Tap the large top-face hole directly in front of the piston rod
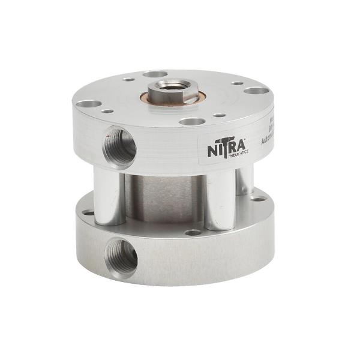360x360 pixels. pos(192,121)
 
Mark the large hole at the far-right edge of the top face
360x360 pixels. pos(256,91)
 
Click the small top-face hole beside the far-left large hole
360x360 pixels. pos(107,111)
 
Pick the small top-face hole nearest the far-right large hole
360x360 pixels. pos(238,83)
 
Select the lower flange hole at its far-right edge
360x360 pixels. pos(258,199)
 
